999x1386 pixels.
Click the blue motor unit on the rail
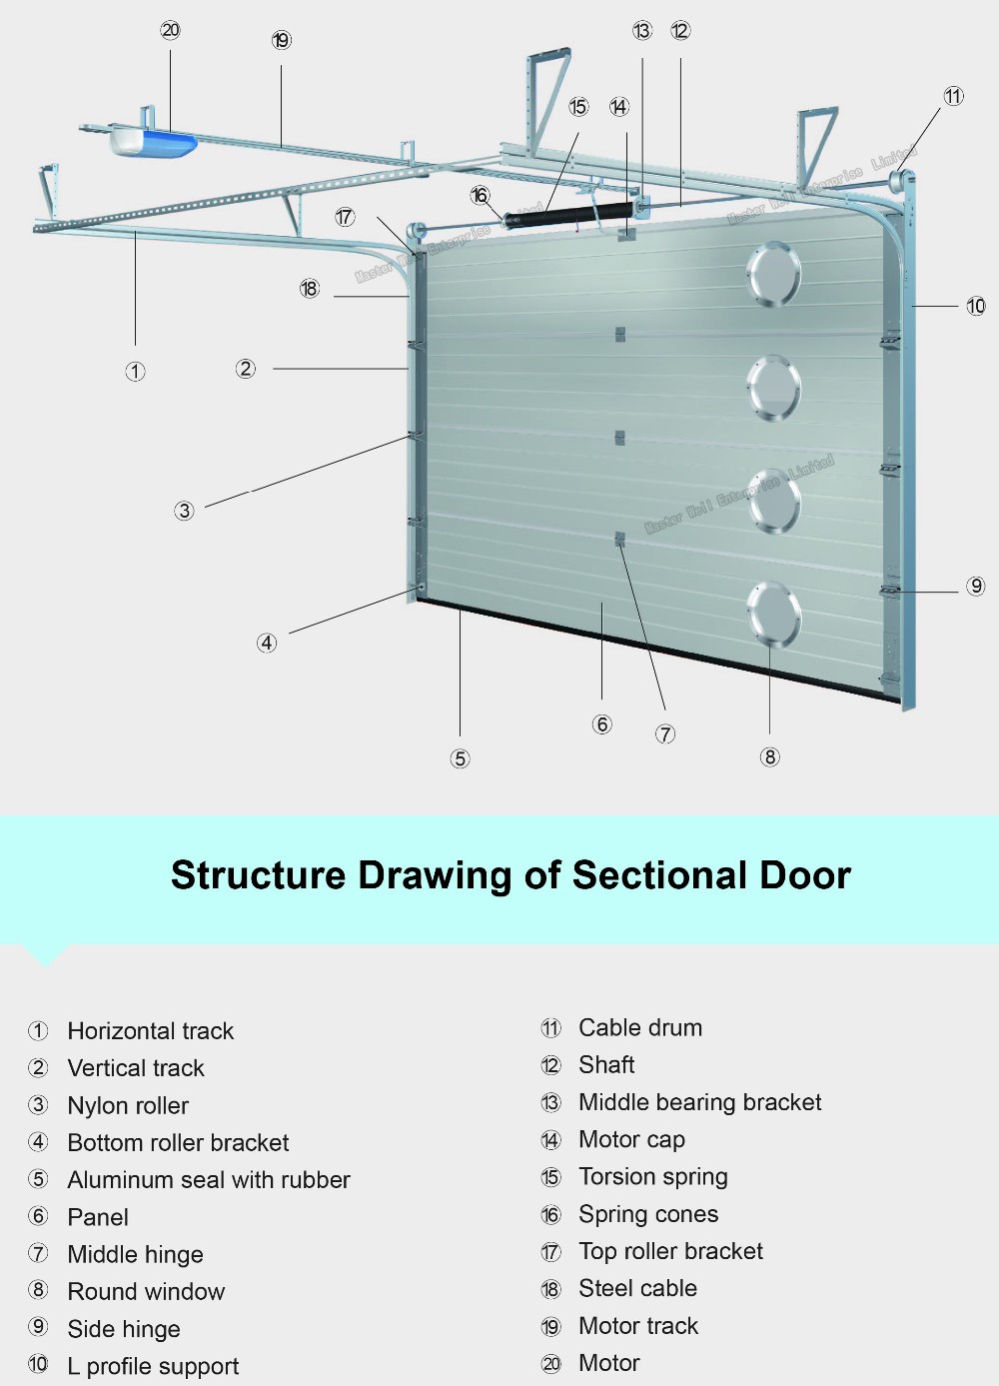pyautogui.click(x=152, y=142)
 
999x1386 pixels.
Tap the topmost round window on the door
pyautogui.click(x=773, y=274)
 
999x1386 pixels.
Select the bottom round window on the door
pyautogui.click(x=772, y=613)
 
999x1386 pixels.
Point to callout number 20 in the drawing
pyautogui.click(x=171, y=30)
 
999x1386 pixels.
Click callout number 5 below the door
pyautogui.click(x=460, y=758)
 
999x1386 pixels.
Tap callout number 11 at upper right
pyautogui.click(x=953, y=96)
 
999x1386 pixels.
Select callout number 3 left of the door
pyautogui.click(x=184, y=511)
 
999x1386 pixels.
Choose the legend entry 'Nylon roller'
pyautogui.click(x=128, y=1105)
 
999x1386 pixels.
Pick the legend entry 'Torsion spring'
pyautogui.click(x=653, y=1177)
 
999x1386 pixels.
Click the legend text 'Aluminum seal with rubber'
pyautogui.click(x=209, y=1180)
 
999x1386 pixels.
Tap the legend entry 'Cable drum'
pyautogui.click(x=640, y=1028)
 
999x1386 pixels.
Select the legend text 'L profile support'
pyautogui.click(x=153, y=1366)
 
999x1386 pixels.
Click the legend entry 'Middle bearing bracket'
pyautogui.click(x=699, y=1102)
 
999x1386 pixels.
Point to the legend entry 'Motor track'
pyautogui.click(x=638, y=1326)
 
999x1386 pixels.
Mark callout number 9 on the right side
pyautogui.click(x=976, y=586)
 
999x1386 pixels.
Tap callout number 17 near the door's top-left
pyautogui.click(x=345, y=217)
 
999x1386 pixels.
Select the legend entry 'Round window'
pyautogui.click(x=146, y=1292)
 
